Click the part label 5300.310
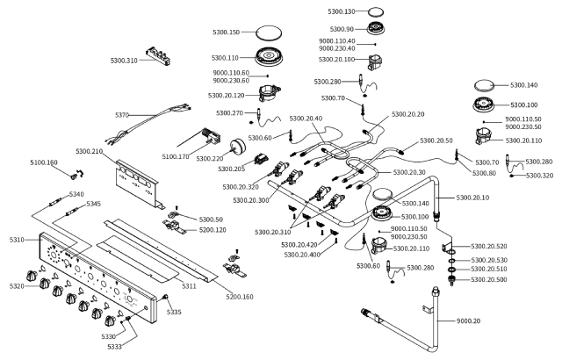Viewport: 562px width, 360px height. [x=124, y=61]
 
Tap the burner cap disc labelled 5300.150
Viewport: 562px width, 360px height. [x=269, y=32]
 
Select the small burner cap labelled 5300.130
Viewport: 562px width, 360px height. [x=376, y=11]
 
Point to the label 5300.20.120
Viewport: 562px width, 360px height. [x=227, y=96]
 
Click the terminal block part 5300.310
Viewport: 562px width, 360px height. [x=158, y=56]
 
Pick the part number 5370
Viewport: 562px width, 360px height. [x=122, y=115]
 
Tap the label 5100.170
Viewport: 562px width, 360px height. [x=176, y=156]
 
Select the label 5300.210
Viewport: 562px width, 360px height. [x=90, y=151]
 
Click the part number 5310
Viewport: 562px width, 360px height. [x=17, y=240]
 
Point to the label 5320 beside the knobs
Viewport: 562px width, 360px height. [x=17, y=286]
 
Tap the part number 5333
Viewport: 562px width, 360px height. [x=115, y=346]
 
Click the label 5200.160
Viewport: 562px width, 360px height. [x=240, y=297]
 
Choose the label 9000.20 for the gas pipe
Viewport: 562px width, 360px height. [x=468, y=320]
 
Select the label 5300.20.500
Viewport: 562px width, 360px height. [x=489, y=279]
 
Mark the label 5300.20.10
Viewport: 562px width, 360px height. [x=472, y=198]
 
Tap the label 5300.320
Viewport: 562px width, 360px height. [x=539, y=176]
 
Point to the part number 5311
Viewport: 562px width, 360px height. [x=189, y=286]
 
